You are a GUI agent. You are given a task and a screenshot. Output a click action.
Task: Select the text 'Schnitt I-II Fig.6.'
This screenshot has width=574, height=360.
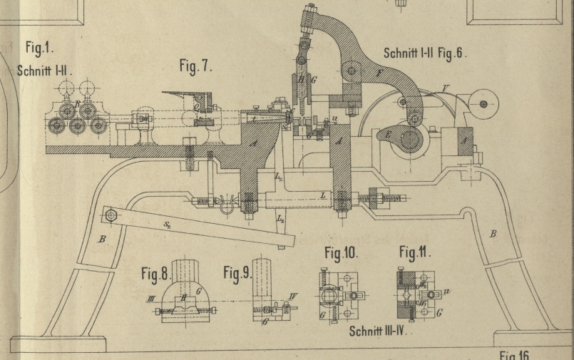tap(425, 53)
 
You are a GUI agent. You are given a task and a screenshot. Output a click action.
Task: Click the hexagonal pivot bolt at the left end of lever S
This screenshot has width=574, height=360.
tap(110, 215)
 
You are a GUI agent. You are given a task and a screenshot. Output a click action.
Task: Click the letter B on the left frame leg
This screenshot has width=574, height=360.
tap(101, 240)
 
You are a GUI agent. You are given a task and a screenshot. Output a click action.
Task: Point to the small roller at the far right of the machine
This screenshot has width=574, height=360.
tap(483, 105)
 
